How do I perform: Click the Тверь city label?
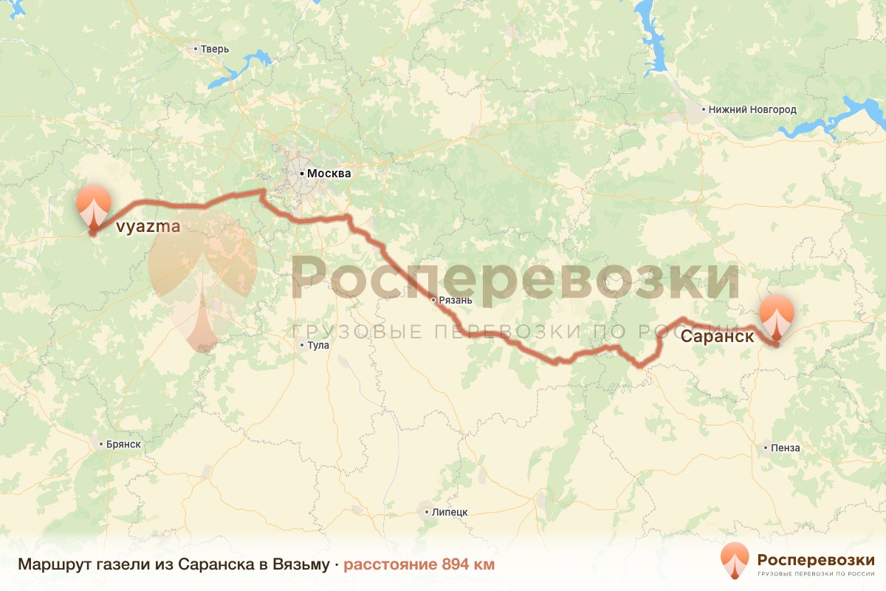215,49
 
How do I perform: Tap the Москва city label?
329,174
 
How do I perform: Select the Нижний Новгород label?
752,109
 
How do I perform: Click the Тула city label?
319,345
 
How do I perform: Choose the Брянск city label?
123,444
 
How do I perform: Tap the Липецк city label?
450,512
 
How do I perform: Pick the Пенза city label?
785,448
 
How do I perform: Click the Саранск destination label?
717,337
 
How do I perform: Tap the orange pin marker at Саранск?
777,315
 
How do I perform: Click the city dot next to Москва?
301,174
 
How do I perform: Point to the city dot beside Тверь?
196,49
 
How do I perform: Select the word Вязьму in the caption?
301,565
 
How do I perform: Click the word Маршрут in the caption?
48,565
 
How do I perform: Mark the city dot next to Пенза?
766,448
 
